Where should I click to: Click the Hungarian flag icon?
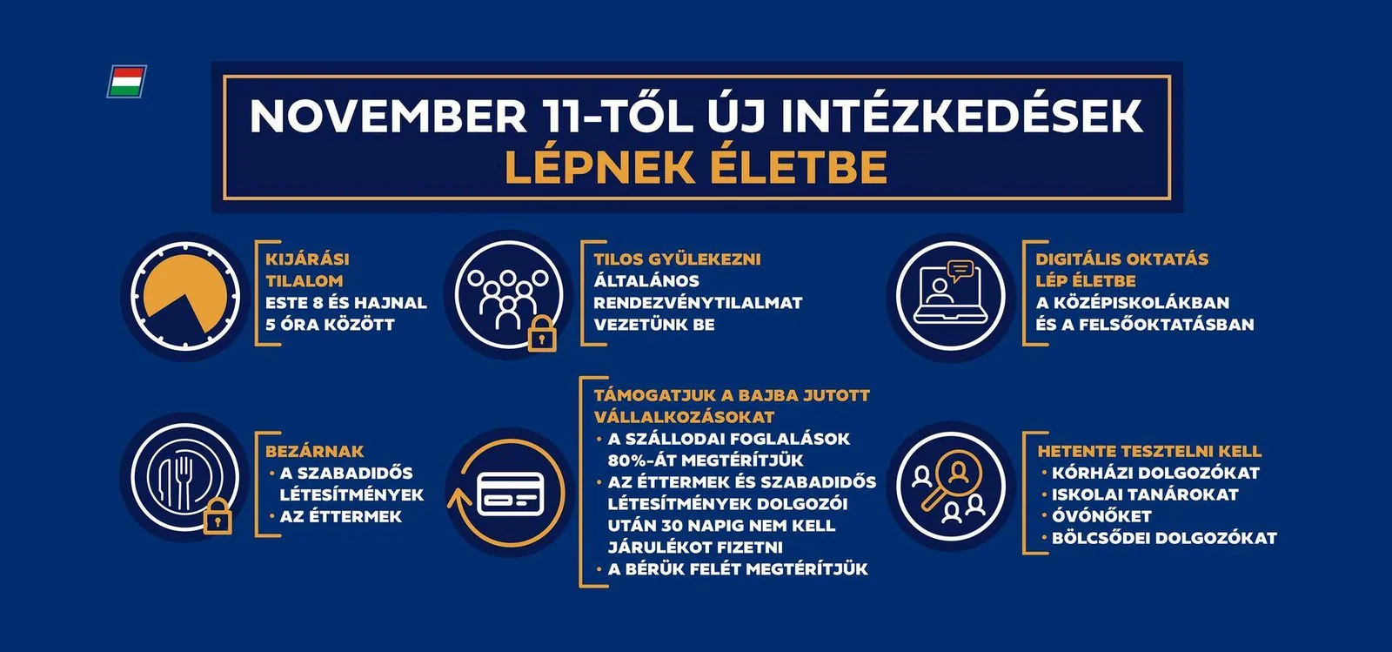pyautogui.click(x=127, y=82)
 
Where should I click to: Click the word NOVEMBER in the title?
pyautogui.click(x=388, y=116)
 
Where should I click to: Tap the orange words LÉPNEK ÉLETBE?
pyautogui.click(x=696, y=166)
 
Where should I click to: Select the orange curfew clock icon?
pyautogui.click(x=185, y=297)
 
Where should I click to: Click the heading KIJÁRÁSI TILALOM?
pyautogui.click(x=308, y=270)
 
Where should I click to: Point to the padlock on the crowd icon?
pyautogui.click(x=542, y=333)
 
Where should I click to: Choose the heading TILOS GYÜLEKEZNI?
pyautogui.click(x=677, y=259)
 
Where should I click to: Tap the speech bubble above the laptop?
pyautogui.click(x=960, y=271)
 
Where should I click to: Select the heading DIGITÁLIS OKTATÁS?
pyautogui.click(x=1121, y=259)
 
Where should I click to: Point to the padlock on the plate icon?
pyautogui.click(x=217, y=516)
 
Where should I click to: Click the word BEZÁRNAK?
pyautogui.click(x=314, y=451)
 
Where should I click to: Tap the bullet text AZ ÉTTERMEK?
pyautogui.click(x=340, y=516)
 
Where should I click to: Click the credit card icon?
pyautogui.click(x=510, y=494)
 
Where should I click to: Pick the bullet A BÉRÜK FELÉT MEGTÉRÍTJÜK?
pyautogui.click(x=738, y=569)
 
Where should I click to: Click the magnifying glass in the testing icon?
pyautogui.click(x=953, y=480)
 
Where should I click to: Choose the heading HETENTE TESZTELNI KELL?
pyautogui.click(x=1149, y=451)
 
